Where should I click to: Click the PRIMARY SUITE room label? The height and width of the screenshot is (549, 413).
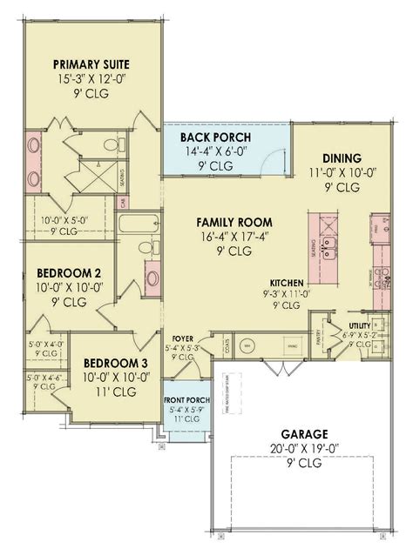point(91,64)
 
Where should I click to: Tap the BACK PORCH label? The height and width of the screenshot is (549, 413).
point(214,137)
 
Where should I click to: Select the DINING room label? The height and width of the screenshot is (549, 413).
point(342,157)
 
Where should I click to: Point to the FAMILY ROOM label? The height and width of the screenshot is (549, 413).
point(234,221)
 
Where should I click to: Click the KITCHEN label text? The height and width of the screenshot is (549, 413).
point(286,284)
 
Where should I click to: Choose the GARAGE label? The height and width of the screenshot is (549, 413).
point(304,432)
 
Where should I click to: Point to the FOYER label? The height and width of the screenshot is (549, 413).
point(182,339)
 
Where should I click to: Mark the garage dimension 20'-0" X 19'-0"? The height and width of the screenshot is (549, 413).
point(304,448)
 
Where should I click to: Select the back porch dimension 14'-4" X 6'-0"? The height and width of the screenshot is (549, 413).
point(214,151)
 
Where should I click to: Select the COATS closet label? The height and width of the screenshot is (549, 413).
point(227,347)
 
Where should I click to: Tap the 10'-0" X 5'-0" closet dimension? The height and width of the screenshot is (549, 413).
point(56,221)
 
